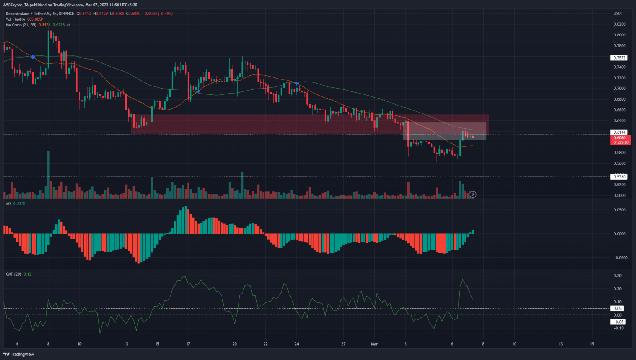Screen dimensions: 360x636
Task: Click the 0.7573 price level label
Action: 619,58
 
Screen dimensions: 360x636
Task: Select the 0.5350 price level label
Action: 619,177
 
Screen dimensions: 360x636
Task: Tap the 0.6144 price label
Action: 619,132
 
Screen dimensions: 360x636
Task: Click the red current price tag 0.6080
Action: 619,138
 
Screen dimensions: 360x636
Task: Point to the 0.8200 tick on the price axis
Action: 619,24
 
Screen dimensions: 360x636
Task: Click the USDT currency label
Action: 618,14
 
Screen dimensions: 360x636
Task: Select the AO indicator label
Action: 8,204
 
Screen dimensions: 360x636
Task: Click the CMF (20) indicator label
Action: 13,274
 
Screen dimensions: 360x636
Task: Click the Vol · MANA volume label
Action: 15,19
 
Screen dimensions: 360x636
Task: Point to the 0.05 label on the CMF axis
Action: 617,308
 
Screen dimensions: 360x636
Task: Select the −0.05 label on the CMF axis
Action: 618,322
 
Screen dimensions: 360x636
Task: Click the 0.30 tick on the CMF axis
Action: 617,276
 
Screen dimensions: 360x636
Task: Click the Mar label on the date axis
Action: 374,344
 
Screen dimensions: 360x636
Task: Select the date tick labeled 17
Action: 188,344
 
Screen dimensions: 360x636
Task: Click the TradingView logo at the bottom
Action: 19,354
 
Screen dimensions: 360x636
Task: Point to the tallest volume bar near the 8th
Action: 48,174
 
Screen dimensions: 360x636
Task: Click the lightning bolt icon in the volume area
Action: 473,194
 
